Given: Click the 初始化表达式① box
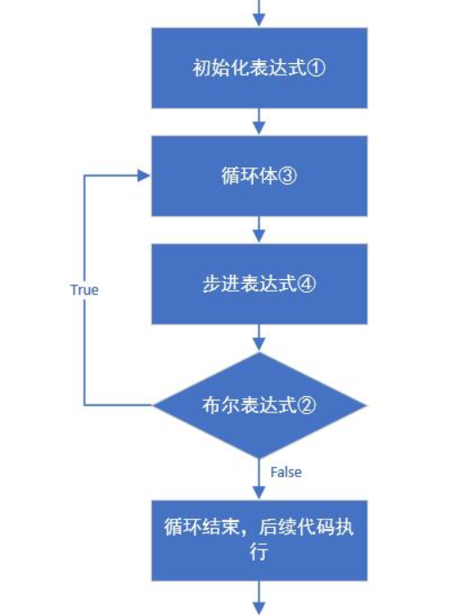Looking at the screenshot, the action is (x=259, y=68).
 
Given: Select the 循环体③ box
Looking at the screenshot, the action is (x=259, y=176).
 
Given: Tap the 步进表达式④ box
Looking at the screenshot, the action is (x=259, y=284).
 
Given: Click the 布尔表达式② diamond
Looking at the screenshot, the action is (x=259, y=405).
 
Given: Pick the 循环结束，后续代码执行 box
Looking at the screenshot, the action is (x=259, y=540).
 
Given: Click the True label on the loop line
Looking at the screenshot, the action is (x=85, y=290).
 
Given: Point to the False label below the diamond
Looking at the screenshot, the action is (x=286, y=472).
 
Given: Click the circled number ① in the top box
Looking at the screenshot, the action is (x=316, y=68).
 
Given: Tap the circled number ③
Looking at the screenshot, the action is (x=287, y=176).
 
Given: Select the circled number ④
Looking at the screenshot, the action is (x=306, y=284).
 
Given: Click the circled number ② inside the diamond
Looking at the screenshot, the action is (x=306, y=405).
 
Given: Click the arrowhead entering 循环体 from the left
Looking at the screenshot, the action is (x=144, y=176).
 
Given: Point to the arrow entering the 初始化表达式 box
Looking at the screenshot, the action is (x=259, y=13).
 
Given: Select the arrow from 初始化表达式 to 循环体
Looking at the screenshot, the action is (x=259, y=122).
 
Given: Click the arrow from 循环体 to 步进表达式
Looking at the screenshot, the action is (x=259, y=230).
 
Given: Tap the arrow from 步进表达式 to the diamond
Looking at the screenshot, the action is (x=259, y=338).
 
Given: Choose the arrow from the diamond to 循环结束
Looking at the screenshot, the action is (x=259, y=478).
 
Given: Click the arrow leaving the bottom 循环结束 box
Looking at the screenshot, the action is (x=259, y=598).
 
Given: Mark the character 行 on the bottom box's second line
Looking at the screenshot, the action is (x=259, y=552).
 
